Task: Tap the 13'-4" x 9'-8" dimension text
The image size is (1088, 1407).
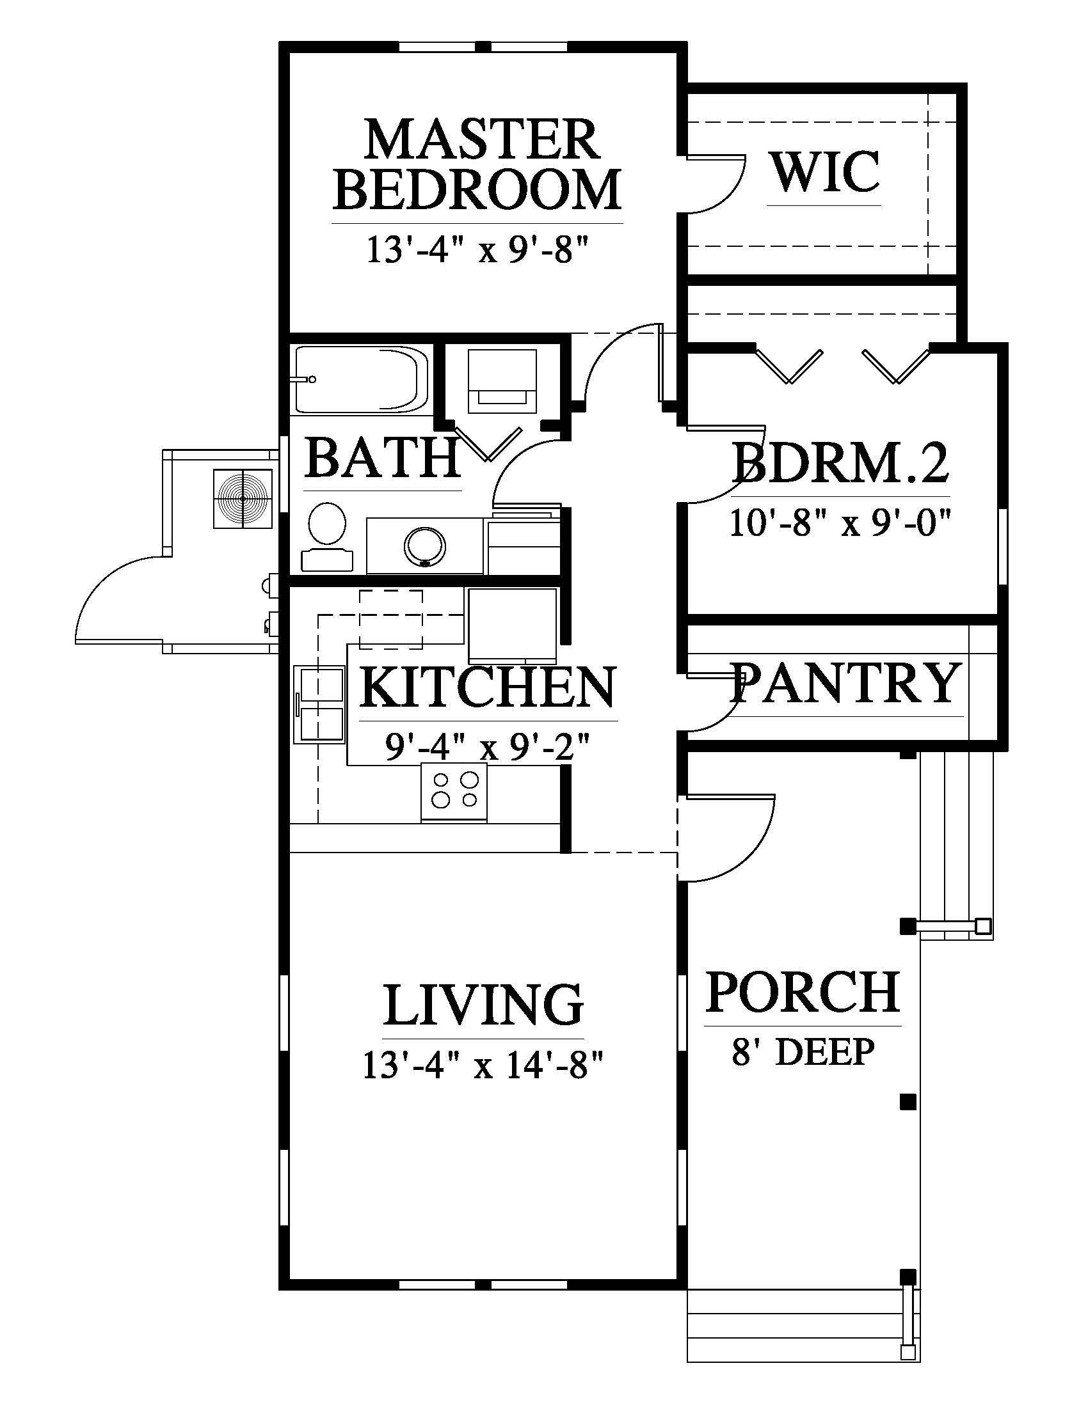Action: [478, 249]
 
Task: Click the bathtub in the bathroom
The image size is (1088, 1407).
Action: [361, 380]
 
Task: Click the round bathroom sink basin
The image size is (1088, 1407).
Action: [425, 547]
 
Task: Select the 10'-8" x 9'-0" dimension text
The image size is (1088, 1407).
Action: [840, 523]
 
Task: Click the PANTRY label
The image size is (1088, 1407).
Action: [845, 683]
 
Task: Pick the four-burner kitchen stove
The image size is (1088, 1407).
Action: [454, 792]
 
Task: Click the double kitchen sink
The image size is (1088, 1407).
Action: [320, 705]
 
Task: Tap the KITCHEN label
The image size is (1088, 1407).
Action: [487, 688]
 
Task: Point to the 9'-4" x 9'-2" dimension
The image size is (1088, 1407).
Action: [487, 747]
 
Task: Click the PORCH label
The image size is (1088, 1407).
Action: [803, 992]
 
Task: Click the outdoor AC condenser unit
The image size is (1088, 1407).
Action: [243, 499]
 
